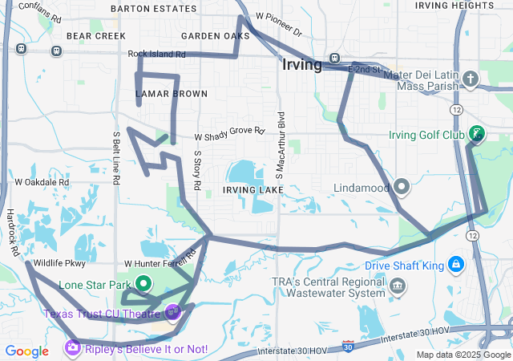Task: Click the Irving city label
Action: [302, 64]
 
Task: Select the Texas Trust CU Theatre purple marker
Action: [172, 310]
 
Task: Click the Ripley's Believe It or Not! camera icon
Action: [73, 348]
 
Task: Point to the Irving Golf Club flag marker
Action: [476, 133]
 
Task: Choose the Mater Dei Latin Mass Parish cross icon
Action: [471, 79]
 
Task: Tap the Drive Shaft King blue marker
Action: [455, 264]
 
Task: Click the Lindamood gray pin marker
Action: [402, 188]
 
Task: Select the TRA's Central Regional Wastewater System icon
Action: [397, 285]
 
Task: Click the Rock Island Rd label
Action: [156, 55]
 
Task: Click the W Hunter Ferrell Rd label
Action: [160, 261]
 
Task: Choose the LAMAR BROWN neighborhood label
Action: [171, 94]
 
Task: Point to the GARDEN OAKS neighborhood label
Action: [215, 36]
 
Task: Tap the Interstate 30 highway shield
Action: [347, 345]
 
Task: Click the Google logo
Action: [26, 351]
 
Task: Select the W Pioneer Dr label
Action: [278, 25]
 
